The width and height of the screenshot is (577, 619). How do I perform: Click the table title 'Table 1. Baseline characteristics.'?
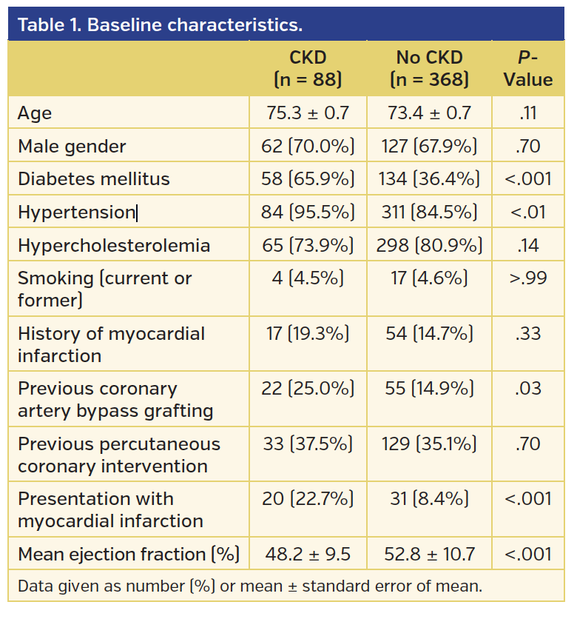coord(160,25)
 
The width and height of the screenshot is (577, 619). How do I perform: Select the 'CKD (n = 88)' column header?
coord(308,69)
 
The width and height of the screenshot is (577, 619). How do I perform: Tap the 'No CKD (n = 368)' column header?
coord(429,69)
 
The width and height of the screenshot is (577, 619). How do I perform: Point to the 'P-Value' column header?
coord(528,69)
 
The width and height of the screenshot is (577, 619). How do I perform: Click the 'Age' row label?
coord(35,114)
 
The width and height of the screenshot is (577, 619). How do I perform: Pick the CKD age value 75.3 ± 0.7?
coord(308,114)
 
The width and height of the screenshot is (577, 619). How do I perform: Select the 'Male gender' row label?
coord(72,147)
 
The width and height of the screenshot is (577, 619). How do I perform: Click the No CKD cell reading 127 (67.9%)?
coord(429,147)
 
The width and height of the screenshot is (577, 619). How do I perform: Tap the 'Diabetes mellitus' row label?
coord(94,179)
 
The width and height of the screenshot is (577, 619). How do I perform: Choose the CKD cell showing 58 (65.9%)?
coord(308,179)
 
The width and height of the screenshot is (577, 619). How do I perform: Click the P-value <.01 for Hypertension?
coord(528,213)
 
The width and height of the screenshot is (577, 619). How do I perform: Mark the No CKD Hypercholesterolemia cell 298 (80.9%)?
coord(429,245)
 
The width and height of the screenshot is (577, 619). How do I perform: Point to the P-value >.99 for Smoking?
coord(528,278)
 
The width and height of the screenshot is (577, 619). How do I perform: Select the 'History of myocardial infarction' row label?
coord(111,344)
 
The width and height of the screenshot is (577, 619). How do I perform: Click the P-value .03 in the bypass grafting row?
coord(528,389)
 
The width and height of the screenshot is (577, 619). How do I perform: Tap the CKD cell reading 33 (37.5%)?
coord(308,444)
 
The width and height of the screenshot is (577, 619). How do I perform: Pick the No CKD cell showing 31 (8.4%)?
coord(429,498)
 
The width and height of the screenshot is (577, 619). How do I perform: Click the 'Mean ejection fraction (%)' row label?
coord(127,554)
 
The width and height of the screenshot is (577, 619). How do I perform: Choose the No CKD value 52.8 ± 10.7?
coord(429,554)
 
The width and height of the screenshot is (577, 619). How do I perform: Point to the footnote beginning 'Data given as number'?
coord(250,586)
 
